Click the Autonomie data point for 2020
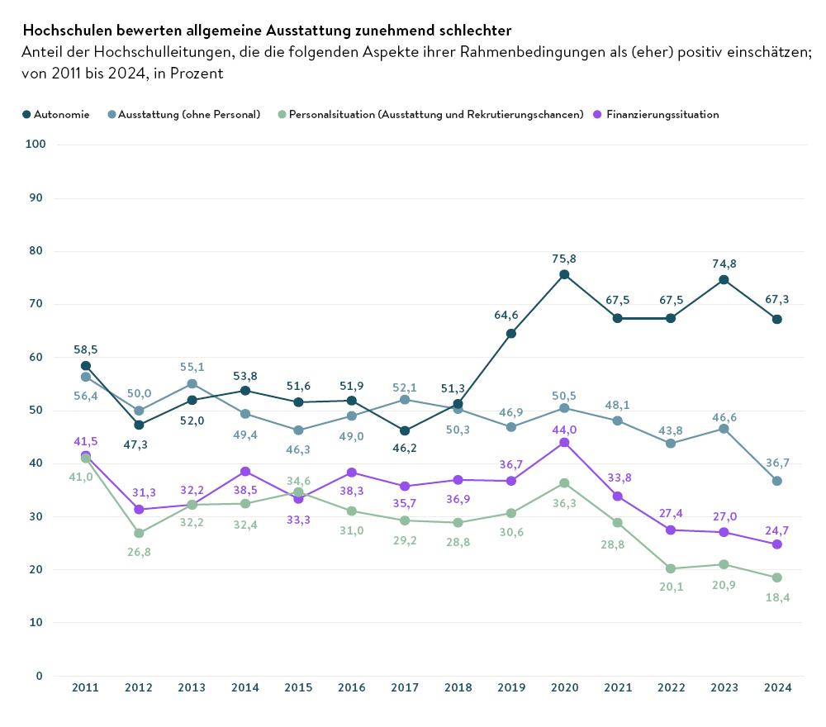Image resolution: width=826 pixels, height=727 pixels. coord(564,274)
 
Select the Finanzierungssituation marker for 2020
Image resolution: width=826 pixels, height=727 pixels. coord(564,443)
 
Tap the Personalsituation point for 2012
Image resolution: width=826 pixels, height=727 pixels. coord(139,533)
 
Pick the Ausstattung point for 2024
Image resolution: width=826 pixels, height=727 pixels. coord(777,481)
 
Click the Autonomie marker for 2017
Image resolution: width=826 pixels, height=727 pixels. coord(405,430)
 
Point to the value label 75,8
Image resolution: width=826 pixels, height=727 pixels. coord(564,259)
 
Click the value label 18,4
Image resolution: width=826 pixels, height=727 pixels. coord(777,596)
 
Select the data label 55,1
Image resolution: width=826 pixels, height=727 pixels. coord(192,367)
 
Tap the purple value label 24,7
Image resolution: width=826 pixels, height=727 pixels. coord(777,529)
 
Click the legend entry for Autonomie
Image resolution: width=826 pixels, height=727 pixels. coord(56,115)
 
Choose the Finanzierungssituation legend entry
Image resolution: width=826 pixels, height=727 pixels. coord(662,115)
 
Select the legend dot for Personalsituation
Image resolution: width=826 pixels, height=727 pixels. coord(282,115)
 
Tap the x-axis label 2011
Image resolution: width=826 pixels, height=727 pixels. coord(85,687)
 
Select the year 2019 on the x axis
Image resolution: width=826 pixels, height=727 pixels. coord(511,687)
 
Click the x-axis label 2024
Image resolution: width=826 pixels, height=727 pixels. coord(777,687)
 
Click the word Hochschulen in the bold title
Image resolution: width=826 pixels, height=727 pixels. coord(64,31)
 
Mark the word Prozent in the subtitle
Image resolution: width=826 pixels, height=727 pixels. coord(197,74)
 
